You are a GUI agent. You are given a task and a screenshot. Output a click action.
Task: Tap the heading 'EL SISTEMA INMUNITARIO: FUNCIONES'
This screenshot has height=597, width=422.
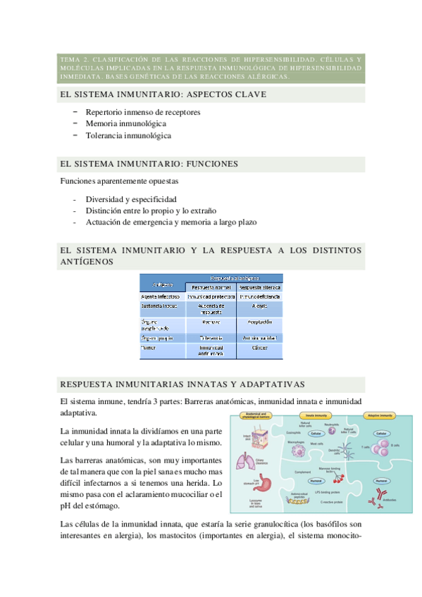(x=149, y=164)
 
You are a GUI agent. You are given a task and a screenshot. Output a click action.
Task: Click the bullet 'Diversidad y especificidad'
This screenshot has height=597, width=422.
(x=131, y=199)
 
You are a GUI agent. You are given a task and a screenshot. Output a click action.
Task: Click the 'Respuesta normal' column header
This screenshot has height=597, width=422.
(x=211, y=287)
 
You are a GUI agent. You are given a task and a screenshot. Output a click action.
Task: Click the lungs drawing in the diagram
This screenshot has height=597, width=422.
(x=247, y=460)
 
